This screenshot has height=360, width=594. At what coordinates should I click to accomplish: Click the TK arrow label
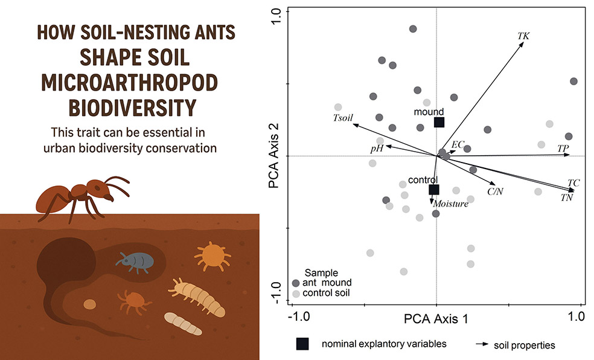click(x=523, y=36)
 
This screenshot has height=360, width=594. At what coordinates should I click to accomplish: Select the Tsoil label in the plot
click(x=342, y=117)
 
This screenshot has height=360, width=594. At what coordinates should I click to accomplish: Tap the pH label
click(x=377, y=148)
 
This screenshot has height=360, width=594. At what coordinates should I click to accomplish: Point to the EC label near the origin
click(x=458, y=144)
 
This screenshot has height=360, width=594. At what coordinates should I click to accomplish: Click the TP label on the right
click(x=563, y=147)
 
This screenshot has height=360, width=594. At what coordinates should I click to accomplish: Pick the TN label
click(x=566, y=198)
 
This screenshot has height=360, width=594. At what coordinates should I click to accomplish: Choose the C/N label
click(x=495, y=192)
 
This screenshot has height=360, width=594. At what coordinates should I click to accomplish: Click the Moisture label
click(x=450, y=204)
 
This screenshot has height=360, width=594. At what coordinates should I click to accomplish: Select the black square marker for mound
click(x=439, y=122)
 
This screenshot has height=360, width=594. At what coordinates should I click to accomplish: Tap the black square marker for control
click(x=433, y=190)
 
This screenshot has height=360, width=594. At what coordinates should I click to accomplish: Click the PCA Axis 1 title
click(x=436, y=318)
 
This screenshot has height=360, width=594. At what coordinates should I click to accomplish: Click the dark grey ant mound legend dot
click(x=295, y=283)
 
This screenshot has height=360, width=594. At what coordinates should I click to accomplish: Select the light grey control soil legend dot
click(x=295, y=294)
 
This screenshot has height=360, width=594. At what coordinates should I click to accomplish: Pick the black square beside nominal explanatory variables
click(x=302, y=344)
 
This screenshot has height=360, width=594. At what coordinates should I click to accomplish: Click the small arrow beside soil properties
click(x=481, y=344)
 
